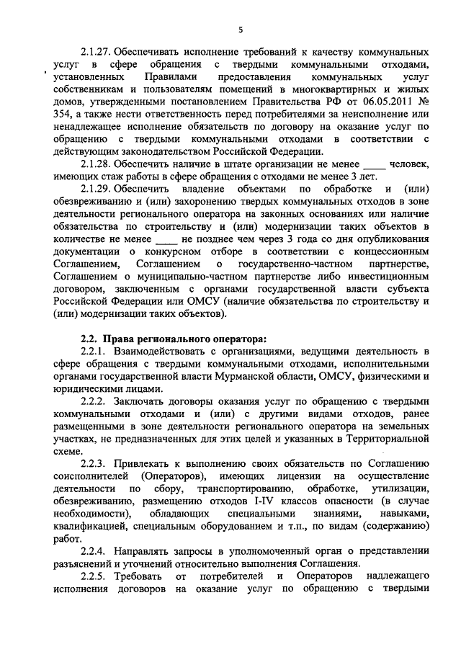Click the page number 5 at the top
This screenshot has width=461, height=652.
241,28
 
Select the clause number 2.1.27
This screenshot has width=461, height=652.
96,53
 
